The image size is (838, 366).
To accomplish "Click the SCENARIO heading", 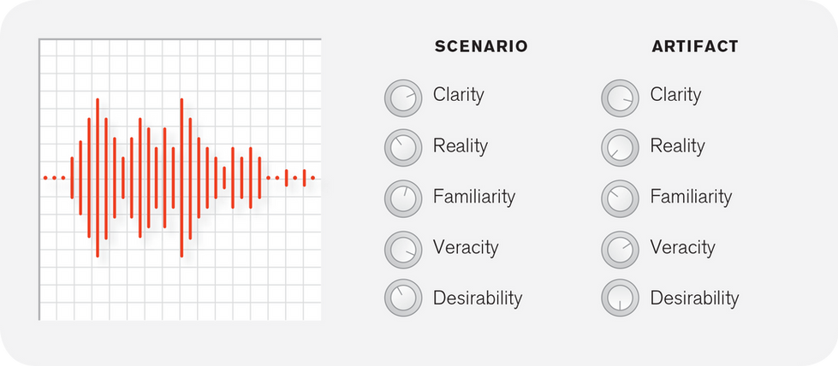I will [x=481, y=47].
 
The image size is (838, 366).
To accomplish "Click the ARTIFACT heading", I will [x=693, y=47].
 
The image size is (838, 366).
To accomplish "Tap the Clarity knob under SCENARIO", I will [x=403, y=98].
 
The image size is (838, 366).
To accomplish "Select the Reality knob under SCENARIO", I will [x=403, y=149].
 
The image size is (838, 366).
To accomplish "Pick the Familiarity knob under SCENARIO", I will [x=403, y=199].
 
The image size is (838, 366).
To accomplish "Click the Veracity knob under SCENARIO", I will [x=403, y=250].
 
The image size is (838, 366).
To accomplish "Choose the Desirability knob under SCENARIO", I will [x=403, y=298].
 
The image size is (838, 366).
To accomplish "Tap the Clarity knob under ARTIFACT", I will [x=620, y=98].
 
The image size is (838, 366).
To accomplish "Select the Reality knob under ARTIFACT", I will [x=620, y=149].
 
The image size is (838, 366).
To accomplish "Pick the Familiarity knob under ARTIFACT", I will [x=620, y=199].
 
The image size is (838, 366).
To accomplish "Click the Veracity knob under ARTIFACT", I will [x=620, y=250].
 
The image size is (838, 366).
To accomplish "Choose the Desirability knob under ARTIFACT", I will [x=620, y=298].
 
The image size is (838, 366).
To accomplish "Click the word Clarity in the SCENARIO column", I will [x=458, y=95].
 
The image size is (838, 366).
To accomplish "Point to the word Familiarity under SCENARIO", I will [x=474, y=197].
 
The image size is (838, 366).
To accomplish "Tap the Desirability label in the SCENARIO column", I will [x=478, y=298].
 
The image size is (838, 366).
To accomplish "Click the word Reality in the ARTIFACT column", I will [x=677, y=146].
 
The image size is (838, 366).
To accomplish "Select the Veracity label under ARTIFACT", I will [x=682, y=248].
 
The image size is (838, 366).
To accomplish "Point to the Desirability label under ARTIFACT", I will [x=694, y=298].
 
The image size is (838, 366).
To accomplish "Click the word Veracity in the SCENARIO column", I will [x=466, y=248].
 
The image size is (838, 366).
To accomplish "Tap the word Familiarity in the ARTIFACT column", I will [x=691, y=197].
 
